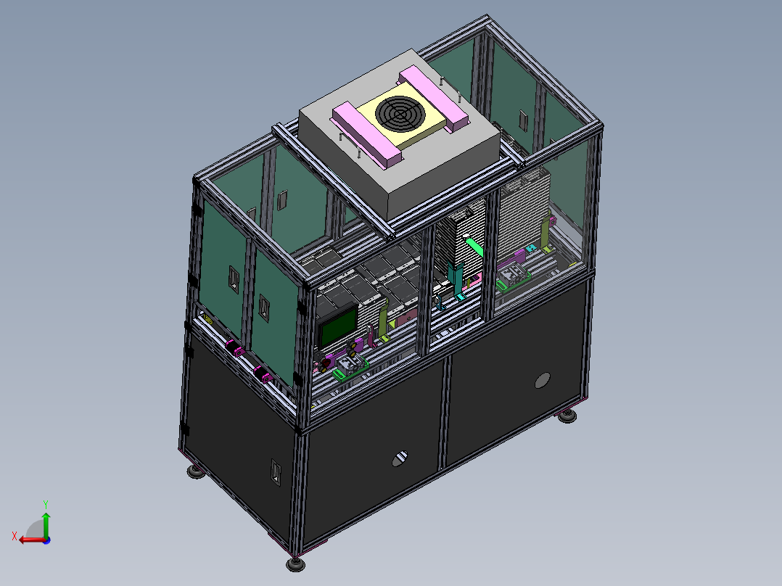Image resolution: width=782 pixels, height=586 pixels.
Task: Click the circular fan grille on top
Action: click(400, 114)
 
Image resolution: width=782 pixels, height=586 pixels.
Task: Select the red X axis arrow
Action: click(32, 540)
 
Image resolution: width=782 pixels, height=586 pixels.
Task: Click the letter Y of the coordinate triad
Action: click(46, 505)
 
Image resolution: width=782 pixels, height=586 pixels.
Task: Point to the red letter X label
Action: click(15, 537)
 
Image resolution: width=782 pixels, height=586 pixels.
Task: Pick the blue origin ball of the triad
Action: click(46, 540)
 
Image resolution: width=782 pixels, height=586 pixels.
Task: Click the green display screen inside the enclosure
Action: click(338, 326)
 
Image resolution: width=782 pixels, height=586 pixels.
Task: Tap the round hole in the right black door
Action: click(542, 381)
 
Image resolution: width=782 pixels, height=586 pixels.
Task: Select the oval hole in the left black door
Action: click(400, 458)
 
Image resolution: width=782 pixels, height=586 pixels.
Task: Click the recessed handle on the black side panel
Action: click(276, 471)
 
